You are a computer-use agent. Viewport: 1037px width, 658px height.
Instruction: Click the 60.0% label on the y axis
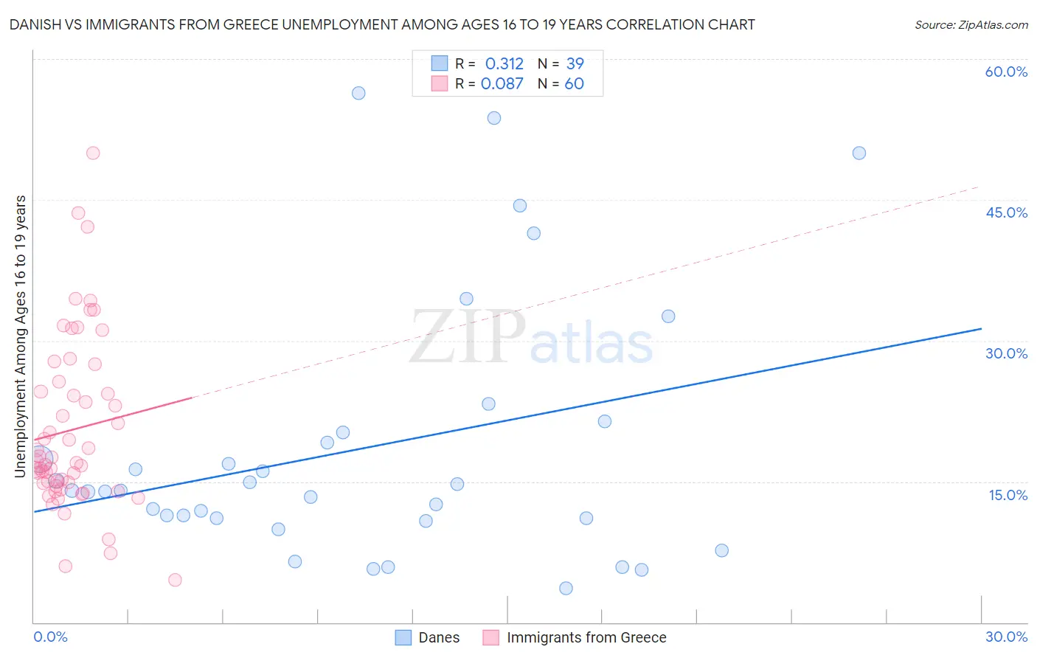click(1006, 72)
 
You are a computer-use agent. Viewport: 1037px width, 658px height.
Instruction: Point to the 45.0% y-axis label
click(1006, 212)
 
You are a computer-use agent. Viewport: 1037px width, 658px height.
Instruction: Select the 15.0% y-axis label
click(1007, 495)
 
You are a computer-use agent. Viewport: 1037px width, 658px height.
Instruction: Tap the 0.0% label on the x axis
click(50, 637)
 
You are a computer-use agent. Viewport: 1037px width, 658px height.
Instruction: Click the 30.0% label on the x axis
click(1006, 637)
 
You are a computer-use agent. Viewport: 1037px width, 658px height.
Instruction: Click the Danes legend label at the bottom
click(439, 637)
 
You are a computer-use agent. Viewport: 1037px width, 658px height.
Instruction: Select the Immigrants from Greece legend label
click(586, 637)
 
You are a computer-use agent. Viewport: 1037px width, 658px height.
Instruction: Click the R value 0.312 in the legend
click(504, 63)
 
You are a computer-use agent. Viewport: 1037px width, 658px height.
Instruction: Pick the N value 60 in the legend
click(574, 83)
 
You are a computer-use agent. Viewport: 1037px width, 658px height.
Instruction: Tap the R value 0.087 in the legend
click(502, 83)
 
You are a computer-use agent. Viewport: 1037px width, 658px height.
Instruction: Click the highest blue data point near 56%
click(358, 93)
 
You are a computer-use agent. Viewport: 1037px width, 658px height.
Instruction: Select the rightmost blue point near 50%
click(859, 153)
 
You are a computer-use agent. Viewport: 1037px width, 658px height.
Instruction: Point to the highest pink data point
click(93, 153)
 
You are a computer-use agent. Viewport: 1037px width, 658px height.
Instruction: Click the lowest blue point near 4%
click(566, 588)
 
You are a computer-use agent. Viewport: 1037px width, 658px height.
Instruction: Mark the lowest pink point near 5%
click(175, 580)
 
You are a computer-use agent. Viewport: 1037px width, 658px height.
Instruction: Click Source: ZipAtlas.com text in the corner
click(971, 24)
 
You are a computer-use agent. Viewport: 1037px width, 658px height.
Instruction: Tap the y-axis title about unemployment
click(21, 336)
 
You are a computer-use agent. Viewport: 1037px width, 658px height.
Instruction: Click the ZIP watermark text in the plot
click(468, 337)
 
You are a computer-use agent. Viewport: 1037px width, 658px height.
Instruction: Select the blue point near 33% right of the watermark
click(668, 316)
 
